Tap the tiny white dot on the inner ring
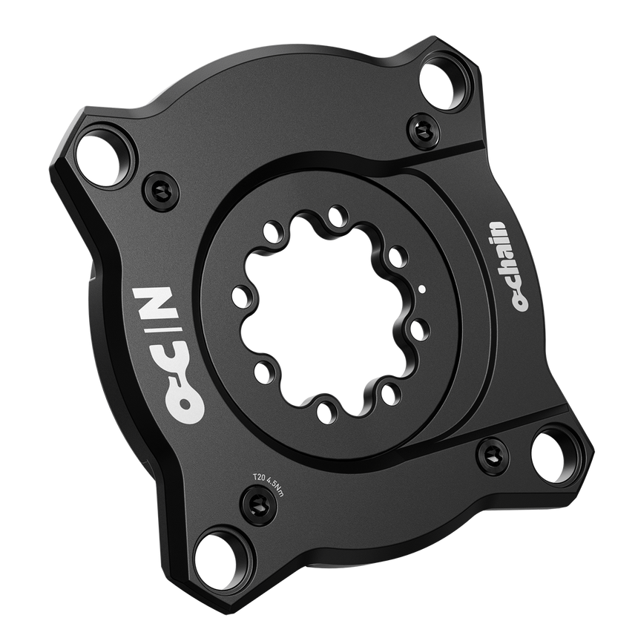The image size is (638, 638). pyautogui.click(x=422, y=290)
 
